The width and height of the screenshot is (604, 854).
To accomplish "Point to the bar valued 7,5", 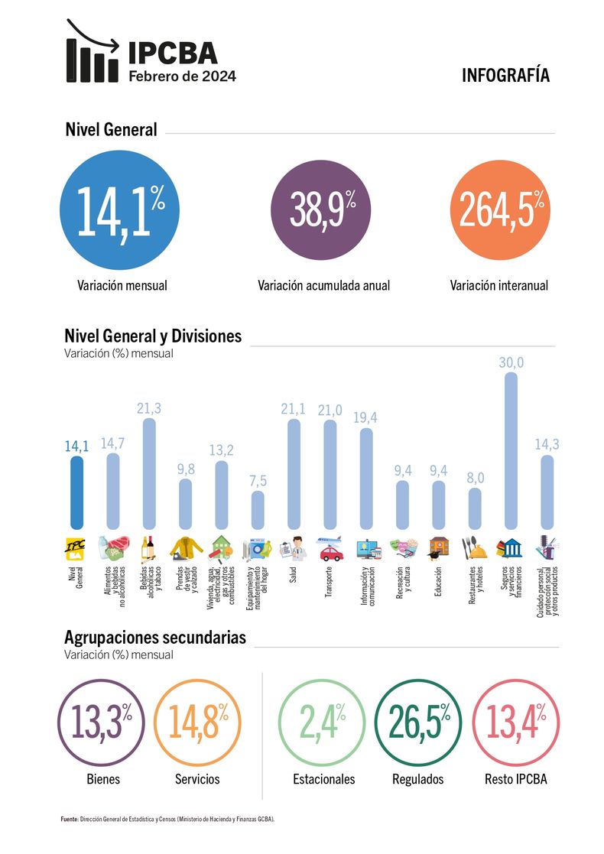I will pyautogui.click(x=258, y=509).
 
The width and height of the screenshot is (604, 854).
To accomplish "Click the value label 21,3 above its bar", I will pyautogui.click(x=149, y=408).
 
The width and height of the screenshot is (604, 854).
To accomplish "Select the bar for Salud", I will pyautogui.click(x=294, y=474).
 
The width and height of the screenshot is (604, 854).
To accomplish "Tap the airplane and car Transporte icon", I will pyautogui.click(x=330, y=547).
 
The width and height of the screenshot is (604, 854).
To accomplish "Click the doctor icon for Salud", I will pyautogui.click(x=294, y=548).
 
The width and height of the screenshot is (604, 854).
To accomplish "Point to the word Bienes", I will pyautogui.click(x=103, y=779).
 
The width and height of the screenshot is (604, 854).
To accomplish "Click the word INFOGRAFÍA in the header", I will pyautogui.click(x=505, y=75).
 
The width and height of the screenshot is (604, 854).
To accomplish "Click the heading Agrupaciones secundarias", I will pyautogui.click(x=155, y=637).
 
